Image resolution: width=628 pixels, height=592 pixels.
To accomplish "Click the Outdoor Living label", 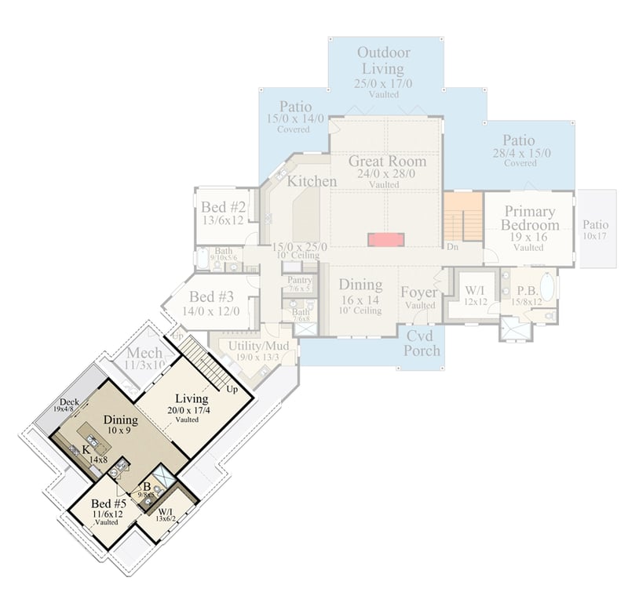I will (385, 60).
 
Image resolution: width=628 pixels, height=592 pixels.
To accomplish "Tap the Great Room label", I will (388, 162).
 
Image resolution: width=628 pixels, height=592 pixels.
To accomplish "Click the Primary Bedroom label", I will (530, 219).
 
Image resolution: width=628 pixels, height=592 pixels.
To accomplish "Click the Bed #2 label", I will (225, 208).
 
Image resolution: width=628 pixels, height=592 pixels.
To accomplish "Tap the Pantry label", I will (300, 280).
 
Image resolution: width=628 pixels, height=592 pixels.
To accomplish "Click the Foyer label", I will (418, 292).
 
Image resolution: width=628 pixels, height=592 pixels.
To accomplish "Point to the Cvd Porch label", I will (422, 343).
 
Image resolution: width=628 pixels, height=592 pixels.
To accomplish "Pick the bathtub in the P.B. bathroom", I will (546, 287).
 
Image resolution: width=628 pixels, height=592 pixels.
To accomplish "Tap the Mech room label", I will (144, 353).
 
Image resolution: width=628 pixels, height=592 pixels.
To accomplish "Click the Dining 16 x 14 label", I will (360, 285).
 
